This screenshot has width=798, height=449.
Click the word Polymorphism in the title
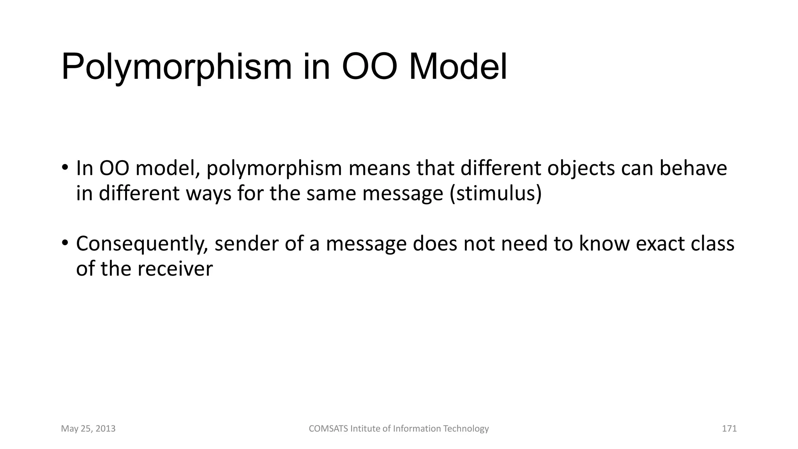[x=176, y=67]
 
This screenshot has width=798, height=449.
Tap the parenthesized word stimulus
[x=496, y=193]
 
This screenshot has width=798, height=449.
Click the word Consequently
[x=141, y=244]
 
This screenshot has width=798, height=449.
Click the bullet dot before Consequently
[x=65, y=243]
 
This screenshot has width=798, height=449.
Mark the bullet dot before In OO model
[x=65, y=168]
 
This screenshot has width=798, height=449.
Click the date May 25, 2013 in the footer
[x=88, y=429]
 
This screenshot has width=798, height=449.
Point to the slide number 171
[x=729, y=429]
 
